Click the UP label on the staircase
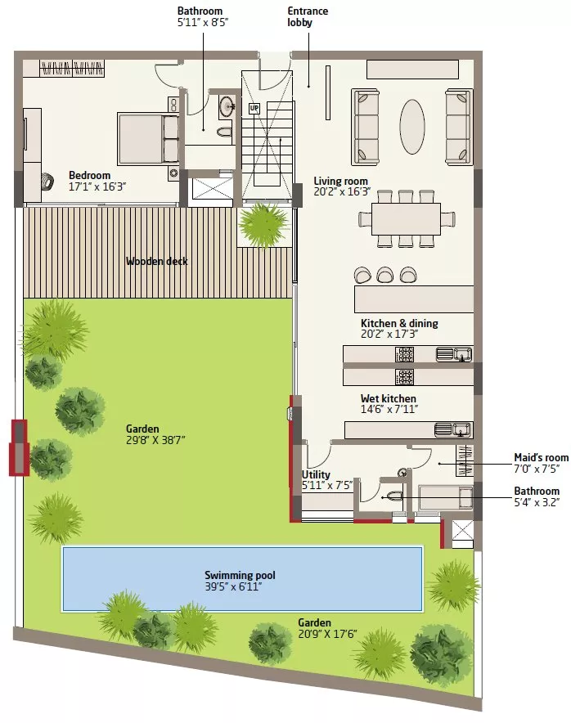[x=254, y=109]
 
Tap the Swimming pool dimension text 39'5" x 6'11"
[x=233, y=587]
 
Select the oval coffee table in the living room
[x=411, y=127]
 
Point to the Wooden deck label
[x=157, y=262]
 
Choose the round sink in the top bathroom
[x=227, y=106]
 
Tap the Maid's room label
[x=542, y=458]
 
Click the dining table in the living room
[x=406, y=218]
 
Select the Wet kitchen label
[x=389, y=398]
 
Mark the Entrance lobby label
[x=308, y=16]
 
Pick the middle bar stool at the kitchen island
[x=384, y=275]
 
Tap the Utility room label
[x=316, y=474]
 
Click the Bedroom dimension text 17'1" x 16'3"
[x=97, y=186]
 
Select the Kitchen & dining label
[x=399, y=323]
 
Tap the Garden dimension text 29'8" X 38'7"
[x=156, y=440]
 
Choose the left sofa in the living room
[x=366, y=128]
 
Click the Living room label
[x=341, y=182]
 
